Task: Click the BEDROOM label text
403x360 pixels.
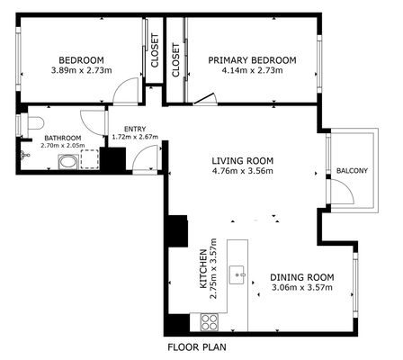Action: [81, 60]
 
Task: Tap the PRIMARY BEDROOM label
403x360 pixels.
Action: [252, 60]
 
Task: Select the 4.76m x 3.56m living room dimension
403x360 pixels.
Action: [243, 171]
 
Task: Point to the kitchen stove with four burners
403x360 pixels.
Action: [209, 322]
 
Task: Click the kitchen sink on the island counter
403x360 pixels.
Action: [237, 274]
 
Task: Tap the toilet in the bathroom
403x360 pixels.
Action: [35, 123]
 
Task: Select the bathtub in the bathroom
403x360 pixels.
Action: [68, 162]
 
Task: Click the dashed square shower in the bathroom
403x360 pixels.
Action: [89, 159]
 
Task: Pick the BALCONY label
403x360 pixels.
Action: [352, 171]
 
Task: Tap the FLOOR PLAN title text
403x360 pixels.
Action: [197, 347]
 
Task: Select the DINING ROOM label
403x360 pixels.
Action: [302, 277]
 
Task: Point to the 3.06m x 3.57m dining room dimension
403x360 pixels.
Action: [302, 287]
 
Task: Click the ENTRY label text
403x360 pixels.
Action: [135, 130]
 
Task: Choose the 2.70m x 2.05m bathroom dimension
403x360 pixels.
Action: [63, 146]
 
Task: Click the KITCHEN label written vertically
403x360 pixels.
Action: [203, 269]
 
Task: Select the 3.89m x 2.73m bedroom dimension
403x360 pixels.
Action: [82, 71]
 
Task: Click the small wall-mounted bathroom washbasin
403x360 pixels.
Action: [24, 156]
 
